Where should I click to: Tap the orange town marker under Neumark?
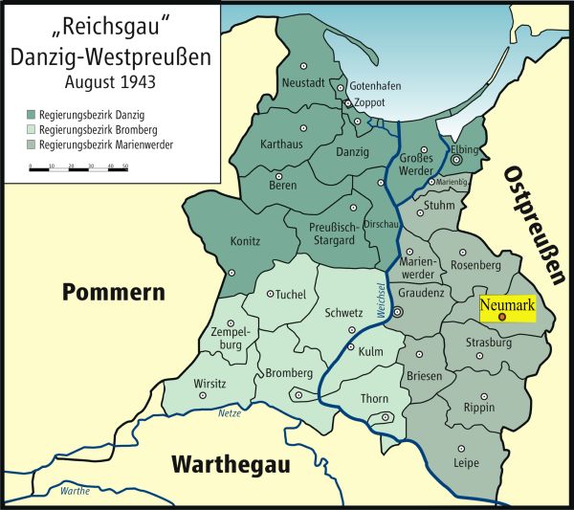(x=502, y=317)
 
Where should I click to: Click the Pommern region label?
(x=107, y=293)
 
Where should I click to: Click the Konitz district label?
(x=244, y=243)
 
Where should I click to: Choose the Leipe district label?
(x=466, y=463)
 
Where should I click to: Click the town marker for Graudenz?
(x=399, y=312)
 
